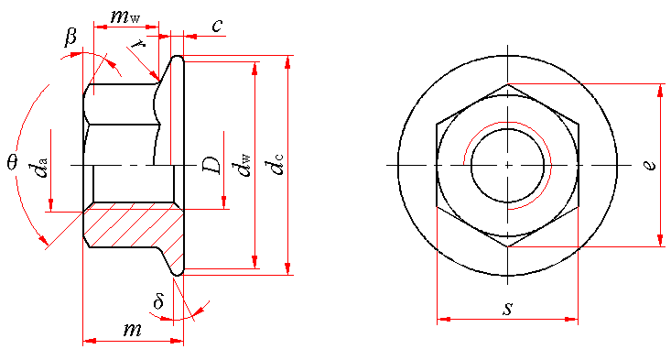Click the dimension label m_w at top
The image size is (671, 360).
click(x=125, y=16)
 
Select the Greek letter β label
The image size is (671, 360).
click(x=70, y=37)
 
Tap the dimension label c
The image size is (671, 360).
click(x=217, y=26)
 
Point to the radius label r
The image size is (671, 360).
click(x=138, y=43)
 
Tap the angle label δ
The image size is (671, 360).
click(x=158, y=301)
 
